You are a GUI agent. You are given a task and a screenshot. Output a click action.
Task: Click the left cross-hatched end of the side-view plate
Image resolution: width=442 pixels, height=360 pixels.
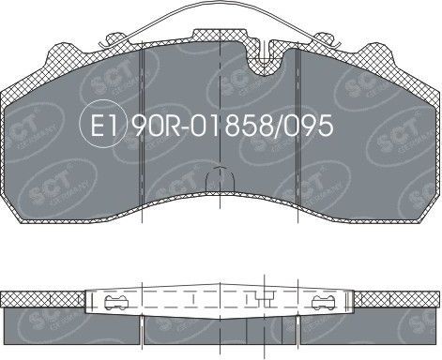coord(42,299)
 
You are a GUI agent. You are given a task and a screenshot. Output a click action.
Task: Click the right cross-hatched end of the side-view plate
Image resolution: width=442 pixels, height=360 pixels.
coord(399,299)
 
